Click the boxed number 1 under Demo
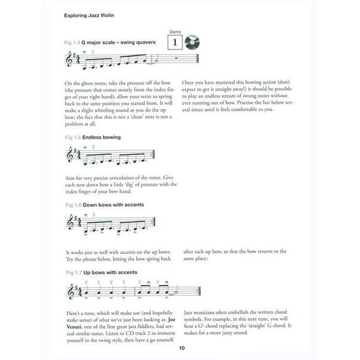(x=175, y=43)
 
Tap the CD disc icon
(x=193, y=43)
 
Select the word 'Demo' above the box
(x=175, y=31)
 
